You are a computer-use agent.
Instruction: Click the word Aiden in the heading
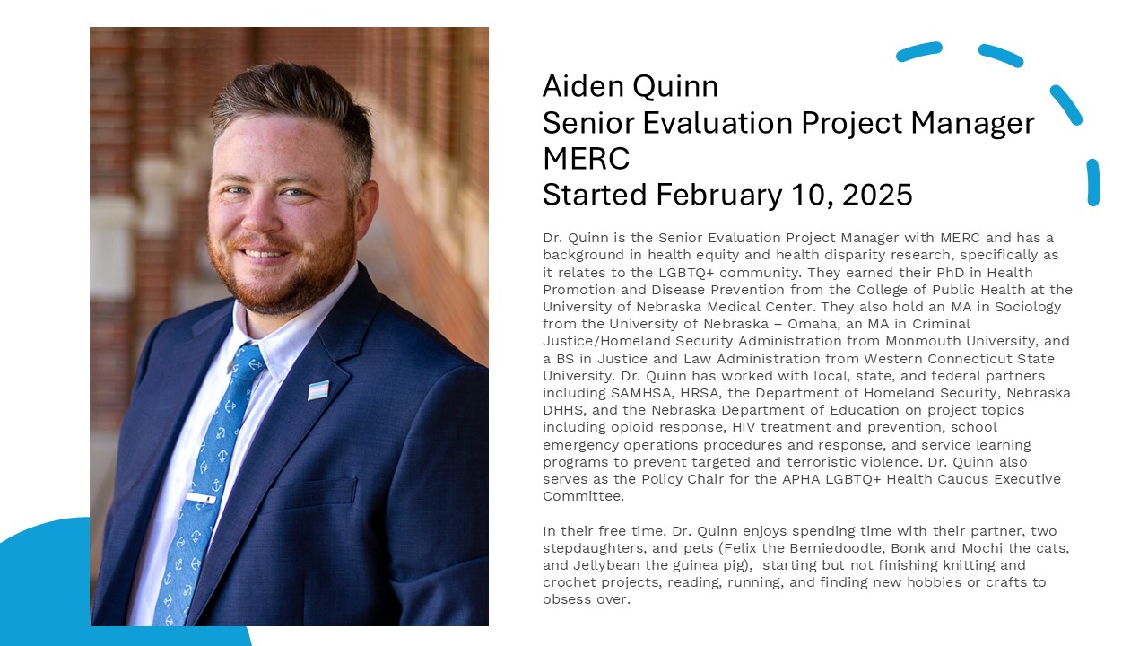pyautogui.click(x=583, y=86)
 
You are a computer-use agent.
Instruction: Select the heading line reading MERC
pyautogui.click(x=587, y=159)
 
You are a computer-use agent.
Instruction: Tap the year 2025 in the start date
pyautogui.click(x=877, y=195)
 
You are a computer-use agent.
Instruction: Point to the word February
pyautogui.click(x=719, y=196)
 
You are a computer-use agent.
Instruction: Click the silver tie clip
pyautogui.click(x=201, y=497)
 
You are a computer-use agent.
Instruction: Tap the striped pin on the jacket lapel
pyautogui.click(x=318, y=390)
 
